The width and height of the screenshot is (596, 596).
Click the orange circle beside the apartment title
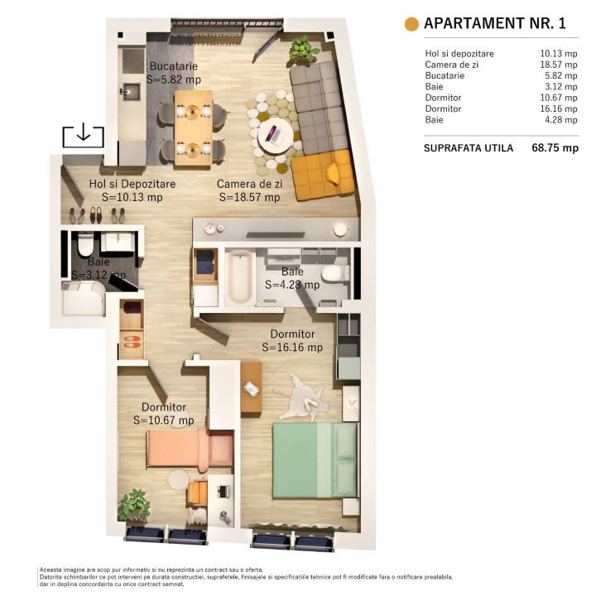click(411, 24)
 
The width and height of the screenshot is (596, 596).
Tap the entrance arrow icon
click(83, 134)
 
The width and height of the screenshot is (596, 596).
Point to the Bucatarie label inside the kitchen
click(174, 66)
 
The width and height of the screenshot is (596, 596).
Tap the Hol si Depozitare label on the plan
click(132, 184)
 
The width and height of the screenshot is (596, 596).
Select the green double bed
click(313, 459)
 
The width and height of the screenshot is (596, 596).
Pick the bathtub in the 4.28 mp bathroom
click(239, 276)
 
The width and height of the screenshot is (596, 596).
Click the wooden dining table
click(193, 120)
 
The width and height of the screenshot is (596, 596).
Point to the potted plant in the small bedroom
click(132, 505)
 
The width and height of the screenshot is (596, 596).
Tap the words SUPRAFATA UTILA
click(468, 148)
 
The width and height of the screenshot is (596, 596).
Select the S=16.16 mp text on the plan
click(292, 348)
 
